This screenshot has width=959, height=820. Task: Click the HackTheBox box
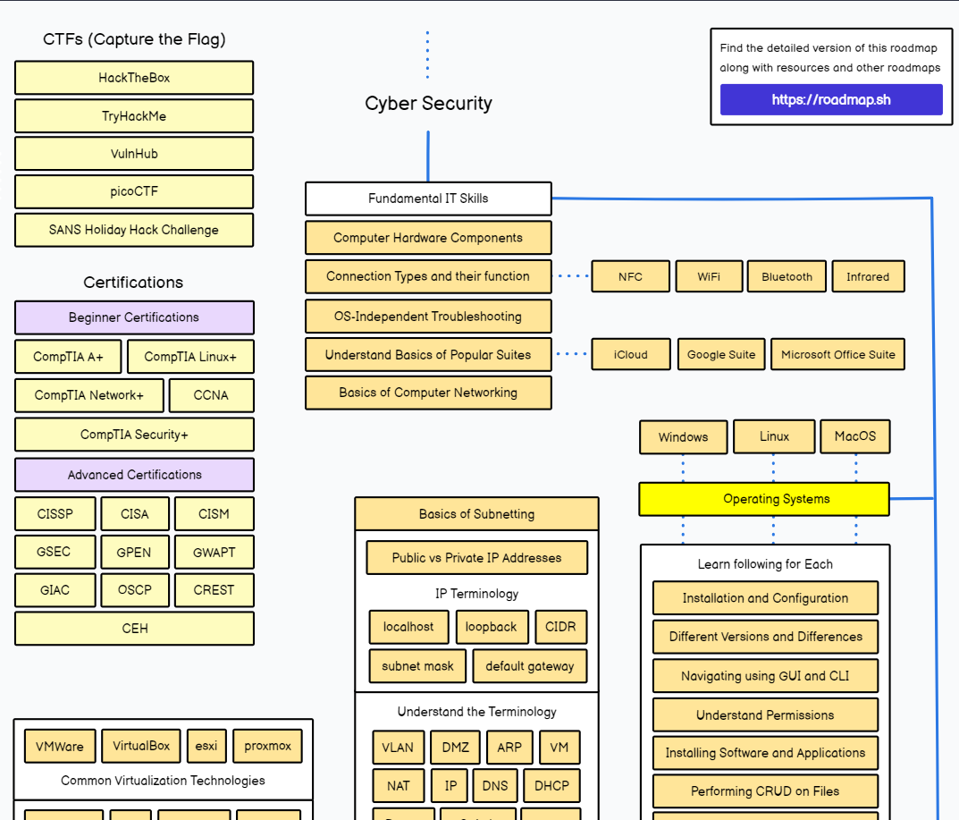(x=134, y=78)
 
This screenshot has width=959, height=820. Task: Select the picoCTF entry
(x=134, y=191)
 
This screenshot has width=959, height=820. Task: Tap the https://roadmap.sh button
(x=831, y=100)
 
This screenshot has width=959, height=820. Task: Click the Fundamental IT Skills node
(x=428, y=199)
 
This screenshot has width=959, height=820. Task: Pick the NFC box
(x=630, y=276)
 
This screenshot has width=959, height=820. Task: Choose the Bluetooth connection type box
(x=787, y=276)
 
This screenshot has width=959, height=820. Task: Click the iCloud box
(x=630, y=354)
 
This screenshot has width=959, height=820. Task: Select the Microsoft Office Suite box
(x=837, y=354)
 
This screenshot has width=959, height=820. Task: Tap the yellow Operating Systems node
(x=764, y=499)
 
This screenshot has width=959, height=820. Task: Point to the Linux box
(x=774, y=436)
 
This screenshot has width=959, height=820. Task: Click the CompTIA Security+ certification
(x=134, y=435)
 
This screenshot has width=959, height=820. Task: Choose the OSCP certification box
(x=134, y=590)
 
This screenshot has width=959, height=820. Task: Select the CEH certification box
(x=134, y=629)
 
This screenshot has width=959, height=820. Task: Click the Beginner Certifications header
(x=134, y=317)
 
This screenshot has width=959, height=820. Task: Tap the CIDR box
(x=561, y=627)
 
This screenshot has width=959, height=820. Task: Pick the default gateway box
(x=530, y=666)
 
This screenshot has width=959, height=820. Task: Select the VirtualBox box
(x=141, y=746)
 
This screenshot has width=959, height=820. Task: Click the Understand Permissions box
(x=765, y=715)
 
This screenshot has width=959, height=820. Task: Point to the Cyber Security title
(x=428, y=104)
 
